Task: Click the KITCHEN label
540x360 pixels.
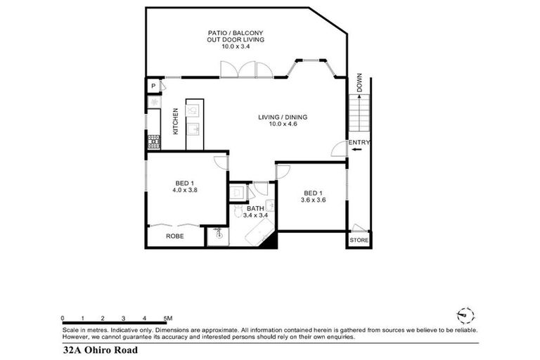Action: [x=175, y=121]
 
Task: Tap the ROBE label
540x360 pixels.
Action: [x=174, y=236]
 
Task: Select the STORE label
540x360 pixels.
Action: [x=359, y=240]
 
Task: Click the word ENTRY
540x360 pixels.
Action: [x=359, y=143]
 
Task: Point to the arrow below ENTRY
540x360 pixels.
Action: [x=357, y=150]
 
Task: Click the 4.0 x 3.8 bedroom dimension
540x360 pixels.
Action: [x=185, y=189]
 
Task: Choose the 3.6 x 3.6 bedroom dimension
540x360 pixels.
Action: [x=312, y=200]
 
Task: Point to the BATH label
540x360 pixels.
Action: [x=255, y=209]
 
